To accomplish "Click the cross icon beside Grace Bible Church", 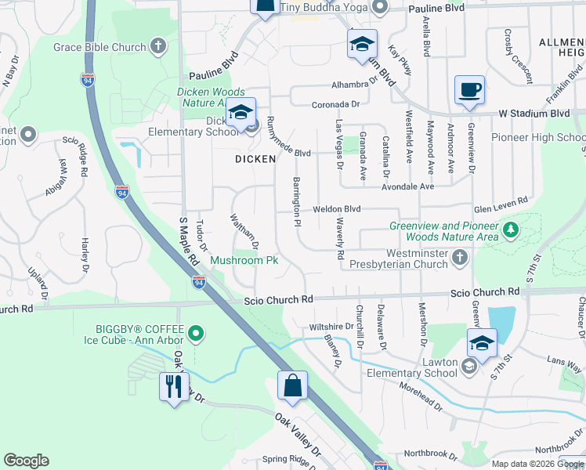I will tap(158, 46).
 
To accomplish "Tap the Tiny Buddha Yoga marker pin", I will tap(380, 8).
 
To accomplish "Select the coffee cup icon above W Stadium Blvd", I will tap(469, 90).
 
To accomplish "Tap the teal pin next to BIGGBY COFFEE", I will tap(195, 334).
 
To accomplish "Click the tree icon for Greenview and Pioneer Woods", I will tap(511, 230).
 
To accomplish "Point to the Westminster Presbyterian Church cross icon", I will tap(461, 258).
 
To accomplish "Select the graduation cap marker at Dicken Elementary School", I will tap(241, 114).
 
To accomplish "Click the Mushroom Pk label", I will tap(244, 259).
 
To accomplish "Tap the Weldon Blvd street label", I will tap(336, 209).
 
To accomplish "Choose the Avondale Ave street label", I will tap(407, 187).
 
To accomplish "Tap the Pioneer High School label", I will tap(537, 138).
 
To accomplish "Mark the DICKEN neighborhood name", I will tap(255, 159).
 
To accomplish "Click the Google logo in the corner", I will tap(26, 461).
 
